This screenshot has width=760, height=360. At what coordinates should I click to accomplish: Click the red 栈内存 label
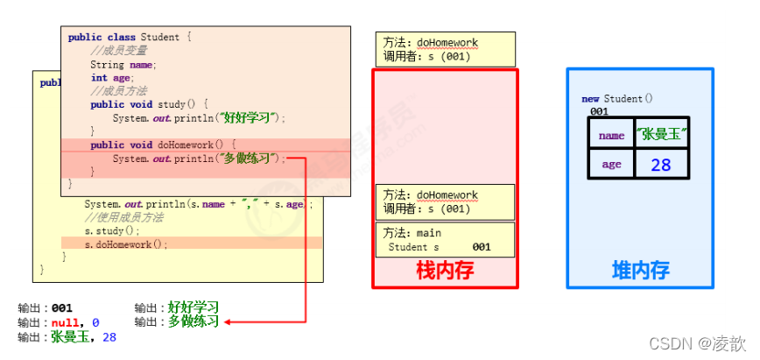(445, 270)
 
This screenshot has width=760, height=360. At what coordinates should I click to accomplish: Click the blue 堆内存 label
(640, 270)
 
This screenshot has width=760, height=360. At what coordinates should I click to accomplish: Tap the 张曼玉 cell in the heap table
(661, 134)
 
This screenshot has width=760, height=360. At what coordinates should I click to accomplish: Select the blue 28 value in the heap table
(661, 164)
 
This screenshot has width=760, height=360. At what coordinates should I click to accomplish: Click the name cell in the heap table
(611, 135)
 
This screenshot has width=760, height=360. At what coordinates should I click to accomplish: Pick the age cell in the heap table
(611, 164)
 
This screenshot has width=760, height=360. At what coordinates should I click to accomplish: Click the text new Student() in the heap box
(617, 99)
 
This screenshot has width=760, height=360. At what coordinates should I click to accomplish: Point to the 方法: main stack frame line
(412, 233)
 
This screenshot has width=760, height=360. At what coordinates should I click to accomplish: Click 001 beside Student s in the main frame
(481, 247)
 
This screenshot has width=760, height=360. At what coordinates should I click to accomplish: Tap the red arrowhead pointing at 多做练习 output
(228, 322)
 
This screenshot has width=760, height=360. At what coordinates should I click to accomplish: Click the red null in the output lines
(67, 322)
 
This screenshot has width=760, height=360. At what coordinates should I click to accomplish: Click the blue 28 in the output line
(109, 337)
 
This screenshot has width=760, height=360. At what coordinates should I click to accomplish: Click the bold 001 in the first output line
(61, 307)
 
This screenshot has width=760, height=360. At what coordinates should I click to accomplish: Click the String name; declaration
(123, 65)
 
